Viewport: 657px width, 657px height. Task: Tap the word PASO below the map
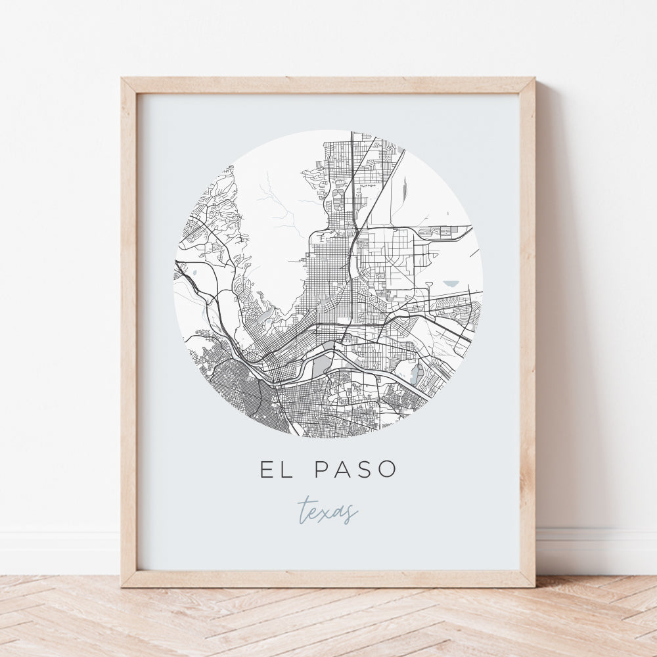[x=355, y=469]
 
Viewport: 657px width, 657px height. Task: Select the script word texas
[x=328, y=510]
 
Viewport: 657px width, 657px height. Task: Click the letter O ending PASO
[x=388, y=469]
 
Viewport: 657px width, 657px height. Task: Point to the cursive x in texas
[x=328, y=512]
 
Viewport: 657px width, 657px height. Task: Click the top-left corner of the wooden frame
[x=123, y=79]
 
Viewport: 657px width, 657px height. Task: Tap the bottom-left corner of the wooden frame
[x=123, y=585]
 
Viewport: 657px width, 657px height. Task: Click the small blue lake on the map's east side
[x=451, y=284]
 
